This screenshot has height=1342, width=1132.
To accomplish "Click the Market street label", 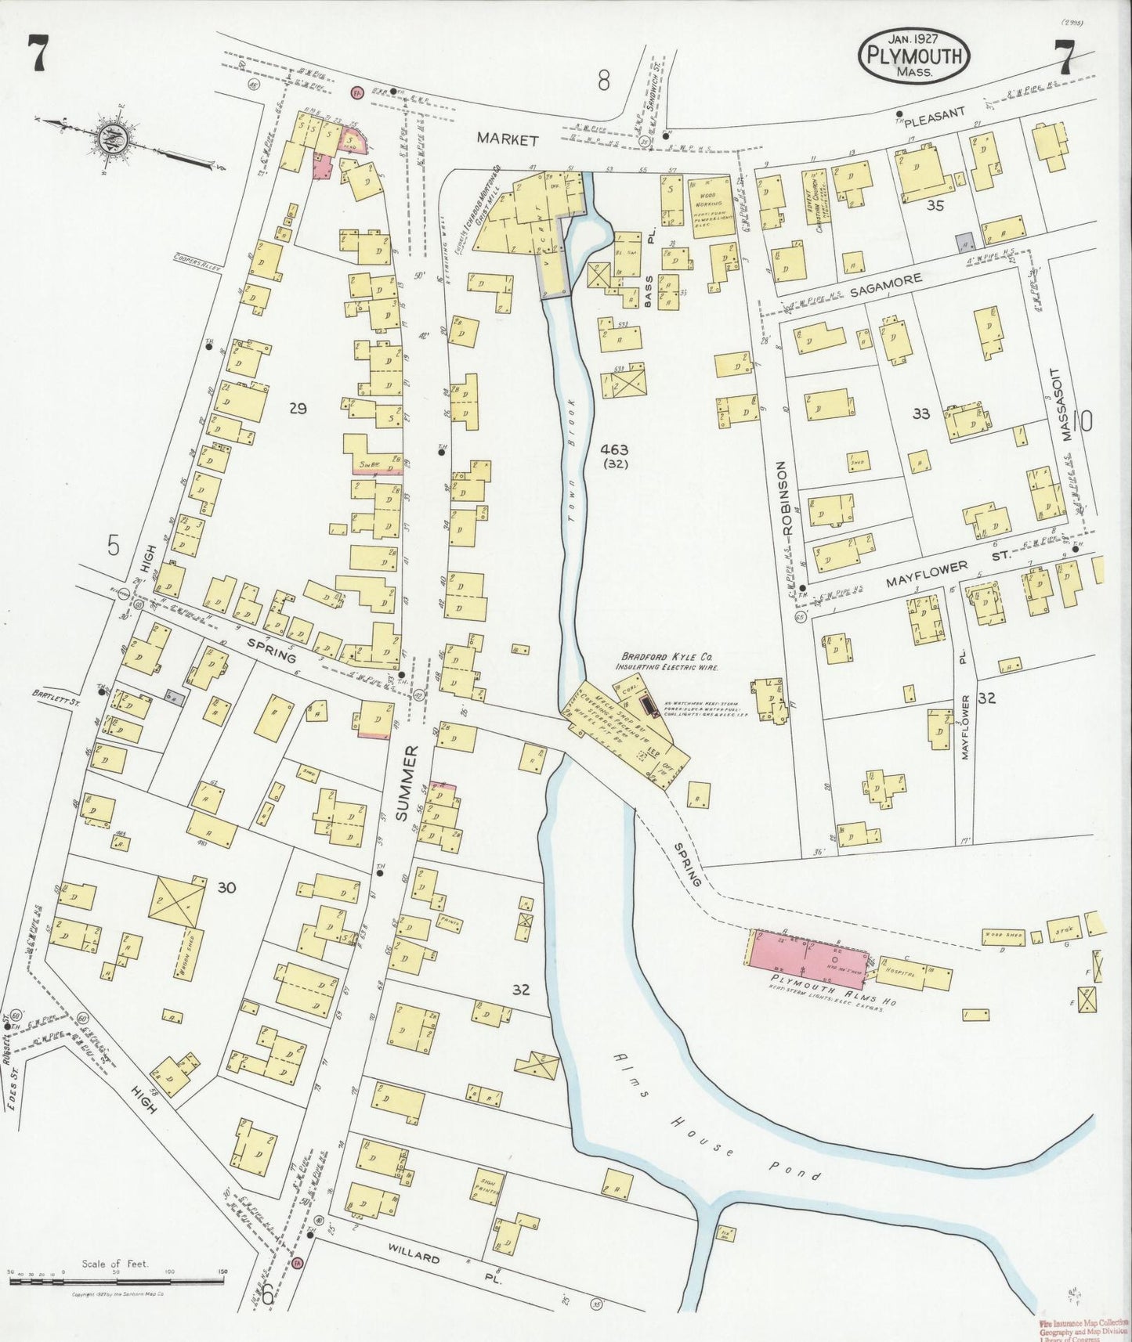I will [508, 140].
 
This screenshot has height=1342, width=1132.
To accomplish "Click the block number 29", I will [297, 407].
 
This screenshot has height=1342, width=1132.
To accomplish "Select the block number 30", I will [227, 887].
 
